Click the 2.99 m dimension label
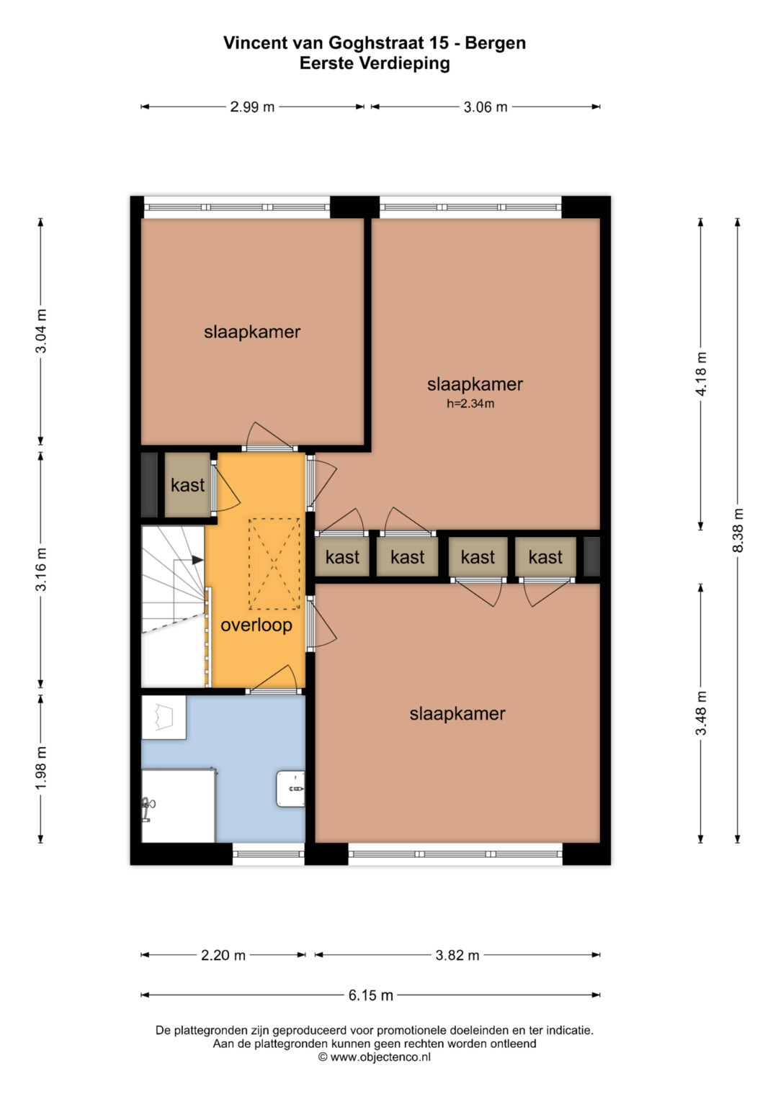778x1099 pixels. pyautogui.click(x=252, y=107)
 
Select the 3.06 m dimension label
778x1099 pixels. pyautogui.click(x=486, y=107)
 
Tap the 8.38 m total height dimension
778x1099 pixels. pyautogui.click(x=738, y=530)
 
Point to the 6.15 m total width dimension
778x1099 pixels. pyautogui.click(x=371, y=995)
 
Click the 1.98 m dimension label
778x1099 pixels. pyautogui.click(x=41, y=769)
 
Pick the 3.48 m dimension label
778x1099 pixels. pyautogui.click(x=701, y=713)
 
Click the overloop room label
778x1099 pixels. pyautogui.click(x=256, y=625)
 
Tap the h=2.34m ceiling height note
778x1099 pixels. pyautogui.click(x=470, y=404)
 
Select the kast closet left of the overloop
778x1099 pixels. pyautogui.click(x=187, y=485)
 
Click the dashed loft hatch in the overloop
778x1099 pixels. pyautogui.click(x=274, y=564)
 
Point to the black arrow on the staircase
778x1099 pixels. pyautogui.click(x=197, y=560)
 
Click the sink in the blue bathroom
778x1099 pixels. pyautogui.click(x=290, y=789)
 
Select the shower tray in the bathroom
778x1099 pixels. pyautogui.click(x=179, y=806)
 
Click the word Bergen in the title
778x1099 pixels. pyautogui.click(x=495, y=43)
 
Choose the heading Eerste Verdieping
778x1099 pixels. pyautogui.click(x=375, y=63)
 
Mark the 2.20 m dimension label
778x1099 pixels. pyautogui.click(x=223, y=955)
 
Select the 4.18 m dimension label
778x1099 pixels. pyautogui.click(x=701, y=374)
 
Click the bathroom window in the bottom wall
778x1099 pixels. pyautogui.click(x=269, y=854)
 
